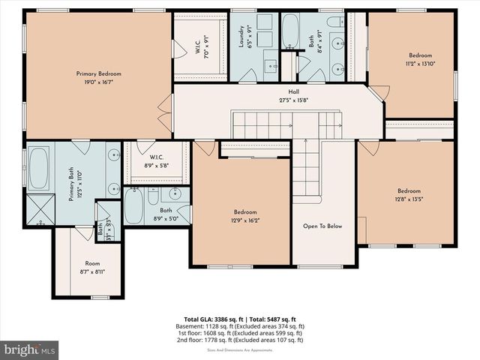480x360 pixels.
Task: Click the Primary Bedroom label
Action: (98, 73)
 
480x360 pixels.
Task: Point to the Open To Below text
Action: (322, 226)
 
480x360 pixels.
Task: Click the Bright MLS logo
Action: (30, 349)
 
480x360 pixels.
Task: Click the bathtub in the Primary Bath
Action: (39, 168)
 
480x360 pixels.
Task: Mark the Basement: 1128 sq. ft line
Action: (244, 326)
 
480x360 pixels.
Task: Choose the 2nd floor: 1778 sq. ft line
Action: (244, 340)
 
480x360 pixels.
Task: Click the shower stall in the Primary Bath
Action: (38, 211)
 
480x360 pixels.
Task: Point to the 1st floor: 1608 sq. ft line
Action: (244, 333)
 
